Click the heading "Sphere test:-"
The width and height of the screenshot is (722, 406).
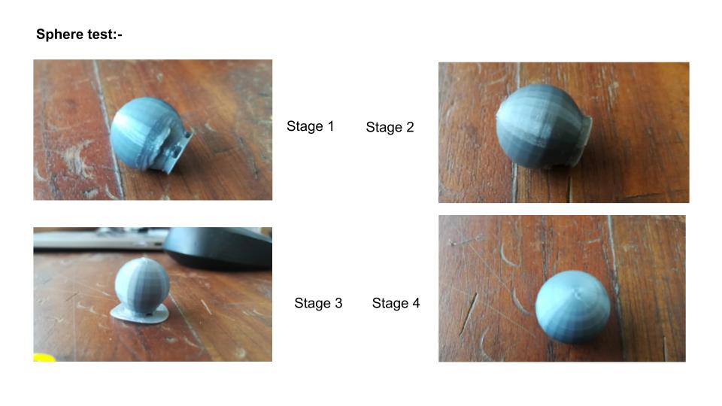tap(79, 35)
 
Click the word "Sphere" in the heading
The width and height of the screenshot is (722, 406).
tap(57, 35)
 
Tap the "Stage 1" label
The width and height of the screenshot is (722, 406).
tap(310, 126)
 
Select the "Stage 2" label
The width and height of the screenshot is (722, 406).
tap(390, 127)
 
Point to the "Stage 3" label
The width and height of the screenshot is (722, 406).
tap(318, 303)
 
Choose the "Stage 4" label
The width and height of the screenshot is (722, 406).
tap(396, 303)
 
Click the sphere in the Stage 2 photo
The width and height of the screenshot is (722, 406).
tap(541, 126)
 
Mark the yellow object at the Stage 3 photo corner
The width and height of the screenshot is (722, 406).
tap(44, 358)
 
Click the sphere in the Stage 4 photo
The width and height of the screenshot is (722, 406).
tap(572, 307)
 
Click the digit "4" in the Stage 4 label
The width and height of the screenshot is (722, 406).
tap(416, 303)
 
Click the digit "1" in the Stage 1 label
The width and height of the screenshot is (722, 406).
tap(330, 126)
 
